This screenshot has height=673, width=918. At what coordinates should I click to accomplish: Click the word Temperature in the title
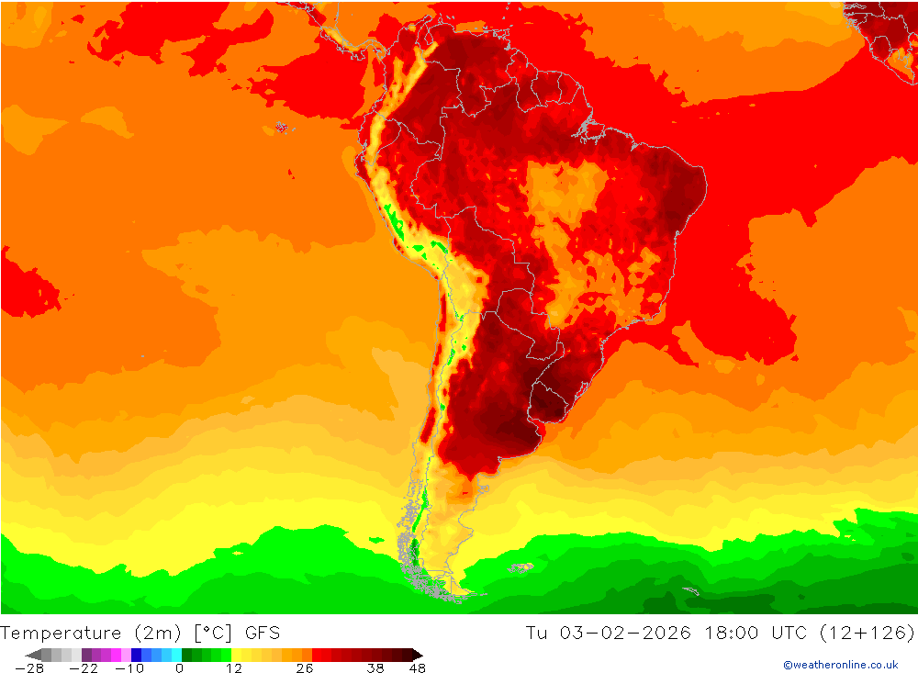61,633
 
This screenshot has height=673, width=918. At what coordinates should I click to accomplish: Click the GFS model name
262,633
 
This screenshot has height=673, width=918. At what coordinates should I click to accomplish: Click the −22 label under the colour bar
83,667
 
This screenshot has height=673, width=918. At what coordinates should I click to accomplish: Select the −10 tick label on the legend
129,667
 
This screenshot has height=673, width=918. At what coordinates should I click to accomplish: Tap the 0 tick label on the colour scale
179,667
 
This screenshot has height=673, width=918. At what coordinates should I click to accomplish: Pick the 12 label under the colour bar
234,667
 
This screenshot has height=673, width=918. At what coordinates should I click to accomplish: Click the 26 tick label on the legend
304,667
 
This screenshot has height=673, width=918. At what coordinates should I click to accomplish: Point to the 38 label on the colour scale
375,667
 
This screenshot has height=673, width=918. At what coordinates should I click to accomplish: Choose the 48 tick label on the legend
417,667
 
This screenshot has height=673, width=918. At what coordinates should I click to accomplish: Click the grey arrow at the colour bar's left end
33,655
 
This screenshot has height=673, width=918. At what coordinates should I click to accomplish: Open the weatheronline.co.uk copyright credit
840,665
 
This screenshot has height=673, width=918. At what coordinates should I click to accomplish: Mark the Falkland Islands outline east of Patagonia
521,568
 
